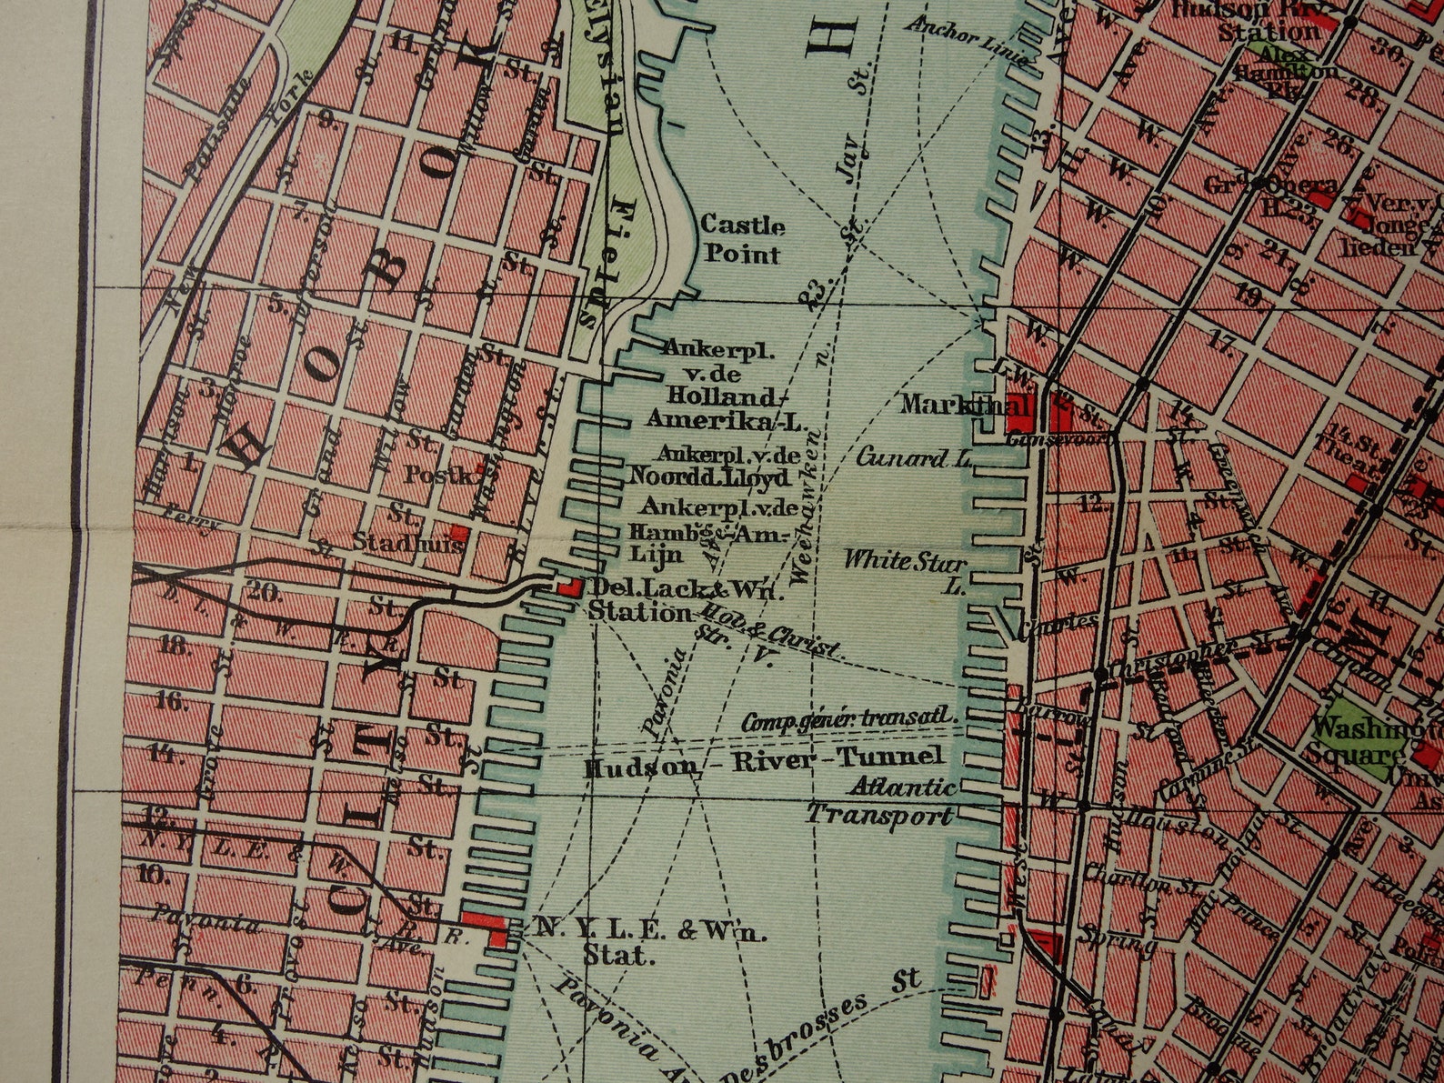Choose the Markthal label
point(953,404)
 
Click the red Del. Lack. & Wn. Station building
point(568,587)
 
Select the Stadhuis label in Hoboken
point(408,544)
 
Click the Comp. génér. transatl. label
point(850,722)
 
